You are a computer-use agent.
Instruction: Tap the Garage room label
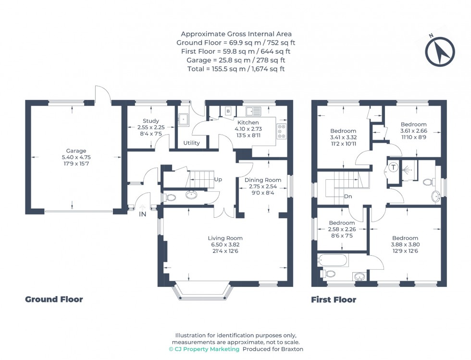(74, 151)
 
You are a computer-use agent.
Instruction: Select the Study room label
(150, 121)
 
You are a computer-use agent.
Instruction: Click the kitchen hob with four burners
(282, 131)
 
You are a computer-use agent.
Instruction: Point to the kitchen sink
(253, 112)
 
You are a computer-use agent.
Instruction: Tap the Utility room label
(192, 143)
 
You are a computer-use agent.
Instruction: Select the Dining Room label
(263, 180)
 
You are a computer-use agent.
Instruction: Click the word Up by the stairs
(218, 180)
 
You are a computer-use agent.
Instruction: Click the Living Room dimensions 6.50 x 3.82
(225, 245)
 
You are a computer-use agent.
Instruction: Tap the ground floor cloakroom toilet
(169, 197)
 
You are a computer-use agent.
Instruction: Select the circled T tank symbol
(393, 168)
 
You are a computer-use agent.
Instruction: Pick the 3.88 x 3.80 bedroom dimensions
(405, 245)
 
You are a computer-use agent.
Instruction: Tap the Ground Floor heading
(54, 299)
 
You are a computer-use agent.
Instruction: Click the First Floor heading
(334, 300)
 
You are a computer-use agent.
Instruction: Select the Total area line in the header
(235, 69)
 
